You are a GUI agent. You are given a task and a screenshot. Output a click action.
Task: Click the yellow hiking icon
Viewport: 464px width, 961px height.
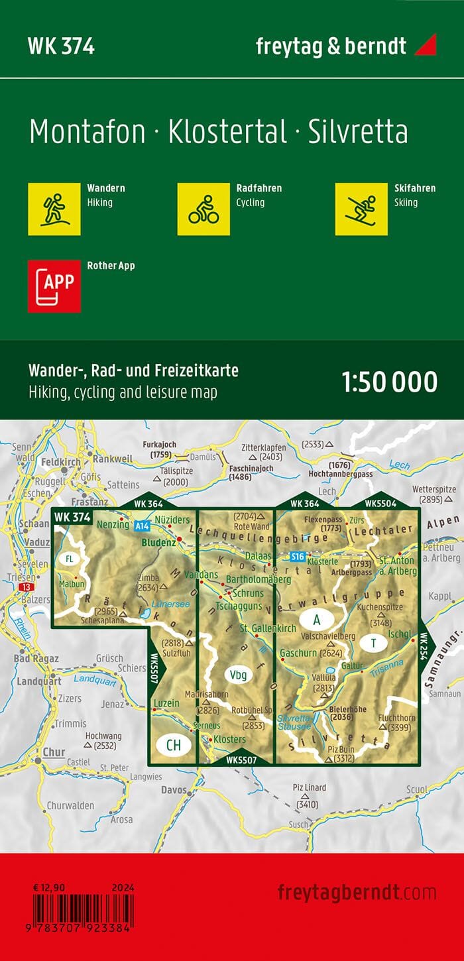click(54, 209)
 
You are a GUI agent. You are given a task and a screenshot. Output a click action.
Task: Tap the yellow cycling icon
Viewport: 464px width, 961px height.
click(203, 209)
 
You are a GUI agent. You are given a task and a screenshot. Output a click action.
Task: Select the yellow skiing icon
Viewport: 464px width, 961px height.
click(361, 209)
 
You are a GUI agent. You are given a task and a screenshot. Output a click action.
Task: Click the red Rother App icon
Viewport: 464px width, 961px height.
click(54, 286)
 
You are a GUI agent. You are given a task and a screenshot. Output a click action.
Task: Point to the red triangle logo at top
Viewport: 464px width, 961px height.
click(425, 45)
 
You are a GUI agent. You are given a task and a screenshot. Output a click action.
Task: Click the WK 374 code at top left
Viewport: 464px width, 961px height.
click(61, 46)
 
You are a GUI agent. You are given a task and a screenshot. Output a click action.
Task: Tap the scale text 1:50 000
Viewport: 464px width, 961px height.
click(390, 382)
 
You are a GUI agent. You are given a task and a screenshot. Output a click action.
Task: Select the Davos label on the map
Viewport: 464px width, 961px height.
click(174, 790)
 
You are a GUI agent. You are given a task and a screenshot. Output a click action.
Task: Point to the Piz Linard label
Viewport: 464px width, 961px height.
click(306, 786)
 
